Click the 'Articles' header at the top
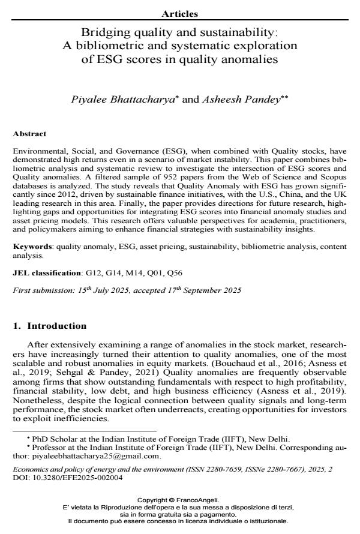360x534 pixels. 180,13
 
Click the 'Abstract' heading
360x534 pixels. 29,134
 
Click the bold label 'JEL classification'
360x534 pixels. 47,272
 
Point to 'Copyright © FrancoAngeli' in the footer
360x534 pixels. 179,500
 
